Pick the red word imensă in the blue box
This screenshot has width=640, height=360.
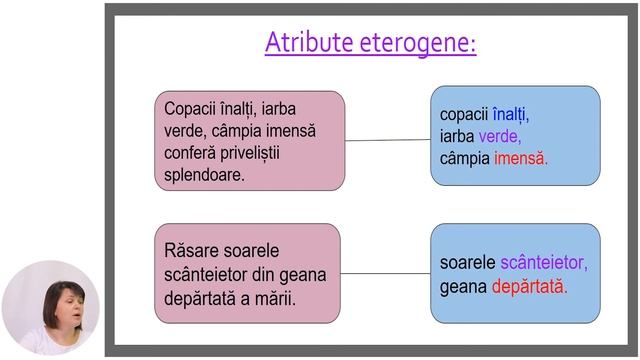click(521, 158)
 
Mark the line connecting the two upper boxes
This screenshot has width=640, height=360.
click(387, 140)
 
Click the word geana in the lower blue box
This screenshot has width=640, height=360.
click(463, 286)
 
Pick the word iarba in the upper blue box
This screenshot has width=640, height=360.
click(457, 137)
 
